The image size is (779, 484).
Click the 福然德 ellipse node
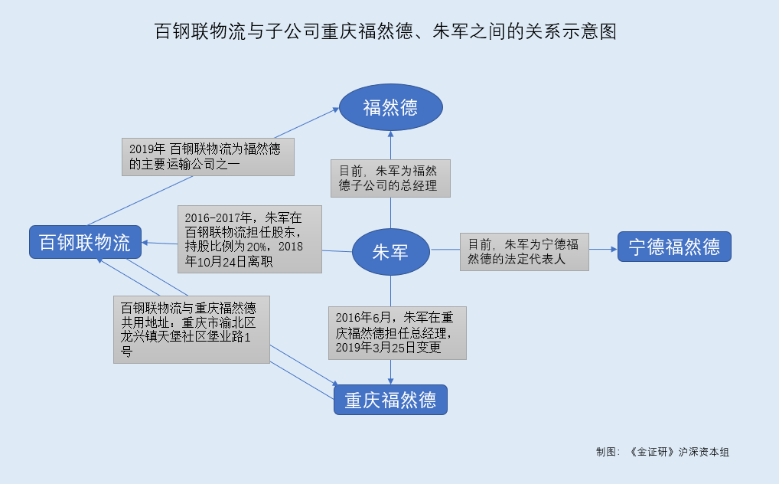point(390,107)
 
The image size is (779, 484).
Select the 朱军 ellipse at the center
point(390,252)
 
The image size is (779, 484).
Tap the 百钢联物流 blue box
point(85,242)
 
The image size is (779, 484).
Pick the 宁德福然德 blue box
point(674,247)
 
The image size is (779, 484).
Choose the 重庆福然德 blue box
point(390,400)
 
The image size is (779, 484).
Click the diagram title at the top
point(386,31)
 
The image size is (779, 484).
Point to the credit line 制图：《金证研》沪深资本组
point(663,452)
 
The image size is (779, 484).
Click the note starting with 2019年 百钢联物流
point(208,156)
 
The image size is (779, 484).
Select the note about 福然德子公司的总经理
point(389,178)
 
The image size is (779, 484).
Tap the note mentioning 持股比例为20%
point(249,238)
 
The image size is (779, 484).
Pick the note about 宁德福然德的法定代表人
point(524,251)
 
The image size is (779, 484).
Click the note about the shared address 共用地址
point(191,329)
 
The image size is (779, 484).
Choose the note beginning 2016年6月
point(397,333)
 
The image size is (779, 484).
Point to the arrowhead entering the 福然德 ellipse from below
point(391,134)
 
